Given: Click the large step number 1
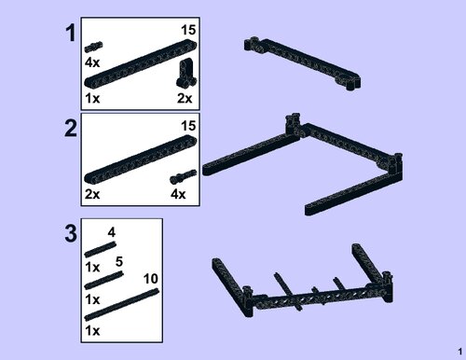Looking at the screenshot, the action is pyautogui.click(x=71, y=33).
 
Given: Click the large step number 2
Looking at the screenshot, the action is pyautogui.click(x=71, y=129).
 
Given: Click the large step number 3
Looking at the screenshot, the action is pyautogui.click(x=71, y=234).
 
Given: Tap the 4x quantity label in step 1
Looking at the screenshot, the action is pyautogui.click(x=92, y=62).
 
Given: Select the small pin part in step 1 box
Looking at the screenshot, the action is pyautogui.click(x=94, y=47).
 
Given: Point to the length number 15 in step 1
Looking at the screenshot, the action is pyautogui.click(x=188, y=30).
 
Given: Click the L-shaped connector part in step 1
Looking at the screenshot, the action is pyautogui.click(x=186, y=73).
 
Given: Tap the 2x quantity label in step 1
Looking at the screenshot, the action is pyautogui.click(x=185, y=98).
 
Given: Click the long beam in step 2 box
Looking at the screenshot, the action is pyautogui.click(x=141, y=159).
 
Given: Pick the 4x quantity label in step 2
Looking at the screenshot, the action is pyautogui.click(x=178, y=194).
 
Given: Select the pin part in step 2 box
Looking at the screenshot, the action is pyautogui.click(x=184, y=176).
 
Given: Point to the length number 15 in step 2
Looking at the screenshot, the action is pyautogui.click(x=188, y=126).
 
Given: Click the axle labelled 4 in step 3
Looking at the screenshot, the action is pyautogui.click(x=101, y=249).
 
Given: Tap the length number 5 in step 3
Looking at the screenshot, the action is pyautogui.click(x=119, y=262).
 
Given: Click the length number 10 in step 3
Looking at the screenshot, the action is pyautogui.click(x=151, y=279).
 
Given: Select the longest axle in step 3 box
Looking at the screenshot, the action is pyautogui.click(x=122, y=304).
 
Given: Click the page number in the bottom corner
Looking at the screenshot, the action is pyautogui.click(x=460, y=352).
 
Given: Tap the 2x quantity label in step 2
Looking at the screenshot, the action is pyautogui.click(x=92, y=194).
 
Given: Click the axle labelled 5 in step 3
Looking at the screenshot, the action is pyautogui.click(x=103, y=281).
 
